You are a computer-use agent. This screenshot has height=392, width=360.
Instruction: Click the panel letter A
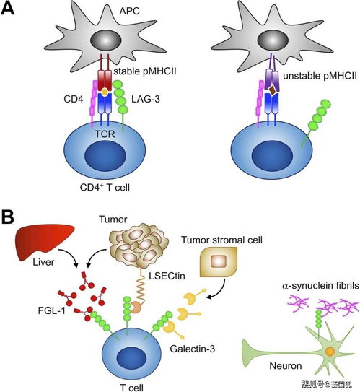coord(7,8)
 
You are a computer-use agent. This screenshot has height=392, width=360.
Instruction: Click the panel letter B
coord(8,217)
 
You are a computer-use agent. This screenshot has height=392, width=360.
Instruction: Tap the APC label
coord(129,11)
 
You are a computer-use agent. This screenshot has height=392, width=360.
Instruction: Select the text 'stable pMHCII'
coord(145,71)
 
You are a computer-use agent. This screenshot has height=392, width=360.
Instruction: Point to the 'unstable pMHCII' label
coord(320,76)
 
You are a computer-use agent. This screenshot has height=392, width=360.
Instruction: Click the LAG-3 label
coord(146,100)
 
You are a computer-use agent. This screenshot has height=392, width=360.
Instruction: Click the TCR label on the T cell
coord(105,134)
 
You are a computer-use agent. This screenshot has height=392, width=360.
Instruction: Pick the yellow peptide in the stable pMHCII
coord(105,92)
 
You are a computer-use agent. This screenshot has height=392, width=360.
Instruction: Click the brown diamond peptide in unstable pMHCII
coord(272,90)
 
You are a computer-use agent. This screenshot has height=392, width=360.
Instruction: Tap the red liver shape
coord(44,240)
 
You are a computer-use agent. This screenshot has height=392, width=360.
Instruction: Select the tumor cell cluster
coord(139,245)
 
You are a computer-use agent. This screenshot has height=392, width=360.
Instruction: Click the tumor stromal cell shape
coord(219,262)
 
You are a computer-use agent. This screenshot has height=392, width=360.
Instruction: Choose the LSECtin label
coord(167,276)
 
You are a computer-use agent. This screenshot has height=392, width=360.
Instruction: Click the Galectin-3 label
coord(193,349)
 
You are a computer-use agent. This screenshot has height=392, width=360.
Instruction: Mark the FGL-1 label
coord(52,310)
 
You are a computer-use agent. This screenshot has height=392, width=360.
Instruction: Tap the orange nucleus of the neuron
coord(330,352)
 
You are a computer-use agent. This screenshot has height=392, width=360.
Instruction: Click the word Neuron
coord(286,366)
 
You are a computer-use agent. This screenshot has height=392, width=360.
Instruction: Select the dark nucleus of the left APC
coord(106,40)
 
